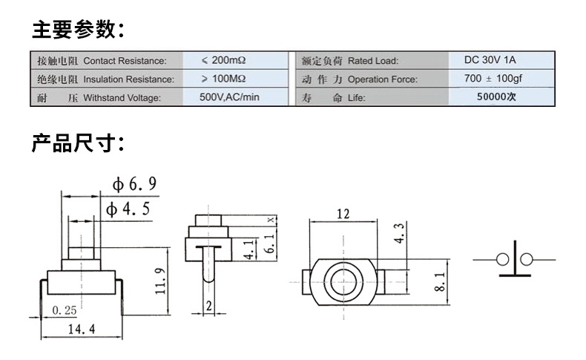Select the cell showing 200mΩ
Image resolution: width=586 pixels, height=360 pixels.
[x=224, y=60]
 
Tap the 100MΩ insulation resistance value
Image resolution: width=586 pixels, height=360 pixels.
[x=224, y=79]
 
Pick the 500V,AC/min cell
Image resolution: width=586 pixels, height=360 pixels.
[x=229, y=97]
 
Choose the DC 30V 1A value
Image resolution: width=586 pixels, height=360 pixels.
[x=490, y=60]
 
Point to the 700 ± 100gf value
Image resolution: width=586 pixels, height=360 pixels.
[x=493, y=79]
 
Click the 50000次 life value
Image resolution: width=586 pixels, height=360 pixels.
[x=496, y=96]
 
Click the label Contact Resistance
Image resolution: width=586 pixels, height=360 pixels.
[x=125, y=61]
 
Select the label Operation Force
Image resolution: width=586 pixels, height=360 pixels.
[x=383, y=79]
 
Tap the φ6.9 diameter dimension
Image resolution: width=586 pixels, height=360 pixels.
[x=134, y=184]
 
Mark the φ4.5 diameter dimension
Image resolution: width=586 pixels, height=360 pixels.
[x=128, y=209]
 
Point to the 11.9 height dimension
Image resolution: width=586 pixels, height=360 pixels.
[x=160, y=281]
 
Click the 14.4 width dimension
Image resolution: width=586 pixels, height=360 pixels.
[x=82, y=330]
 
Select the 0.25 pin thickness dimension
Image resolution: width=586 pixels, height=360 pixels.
[x=65, y=310]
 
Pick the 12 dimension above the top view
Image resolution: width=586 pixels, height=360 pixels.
[x=343, y=214]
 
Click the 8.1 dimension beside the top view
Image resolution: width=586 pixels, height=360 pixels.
[x=440, y=281]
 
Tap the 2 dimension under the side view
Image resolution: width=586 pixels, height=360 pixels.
[x=209, y=306]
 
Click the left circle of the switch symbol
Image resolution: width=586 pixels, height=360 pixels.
[x=502, y=260]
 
